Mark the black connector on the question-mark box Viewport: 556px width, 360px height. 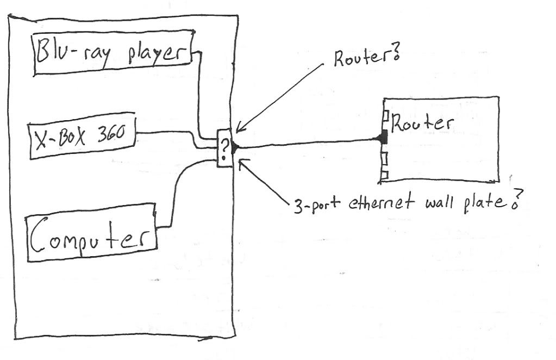[x=235, y=147]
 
